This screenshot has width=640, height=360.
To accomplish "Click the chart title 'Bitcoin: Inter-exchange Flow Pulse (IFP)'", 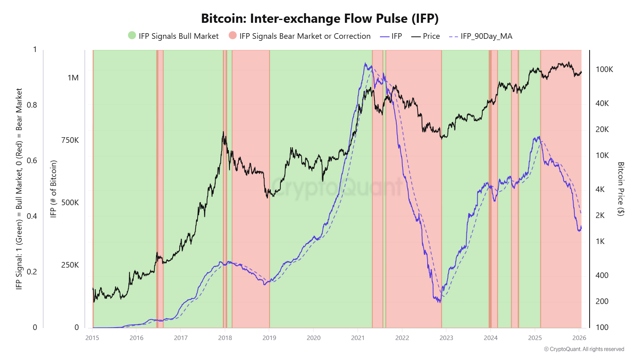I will (x=320, y=18).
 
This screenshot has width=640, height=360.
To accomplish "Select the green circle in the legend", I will (x=132, y=36).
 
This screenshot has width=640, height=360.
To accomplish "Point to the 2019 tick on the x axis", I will (x=269, y=338).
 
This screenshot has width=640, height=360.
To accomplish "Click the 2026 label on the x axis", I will (x=579, y=338).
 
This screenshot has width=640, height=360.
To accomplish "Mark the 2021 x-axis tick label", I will (x=358, y=338).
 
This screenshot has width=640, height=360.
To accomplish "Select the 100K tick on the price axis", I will (x=604, y=69).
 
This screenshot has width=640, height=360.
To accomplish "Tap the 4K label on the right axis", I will (x=600, y=189).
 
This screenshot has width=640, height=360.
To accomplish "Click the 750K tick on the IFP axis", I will (x=70, y=140).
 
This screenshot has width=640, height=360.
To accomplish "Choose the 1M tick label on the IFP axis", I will (x=73, y=78).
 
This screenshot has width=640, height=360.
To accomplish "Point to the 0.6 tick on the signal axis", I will (x=32, y=160).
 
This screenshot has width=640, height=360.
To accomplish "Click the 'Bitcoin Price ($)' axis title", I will (x=620, y=189).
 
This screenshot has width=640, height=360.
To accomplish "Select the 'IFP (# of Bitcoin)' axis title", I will (x=53, y=189).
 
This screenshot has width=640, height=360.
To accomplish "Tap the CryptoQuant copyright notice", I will (x=584, y=349).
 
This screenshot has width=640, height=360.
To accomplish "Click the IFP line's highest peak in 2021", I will (x=365, y=63).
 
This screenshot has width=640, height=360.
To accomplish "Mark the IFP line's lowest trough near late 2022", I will (x=440, y=302).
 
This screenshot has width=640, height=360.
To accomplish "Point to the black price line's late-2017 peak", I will (x=224, y=132).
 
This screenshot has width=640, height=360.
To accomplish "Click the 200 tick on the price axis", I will (x=602, y=301).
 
